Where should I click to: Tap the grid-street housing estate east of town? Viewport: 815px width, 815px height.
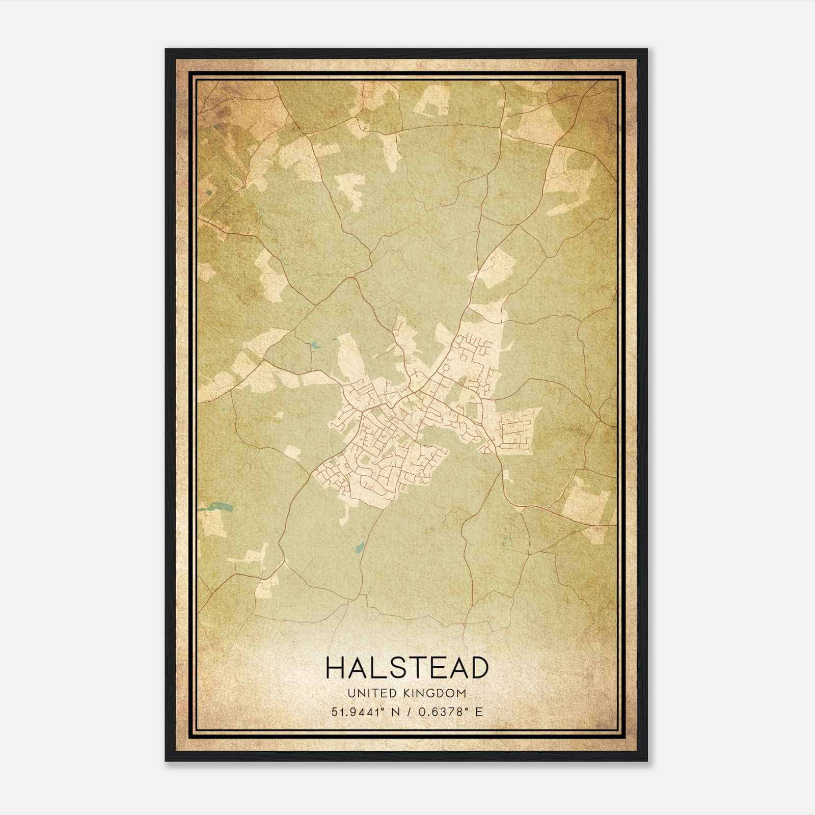517,427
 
